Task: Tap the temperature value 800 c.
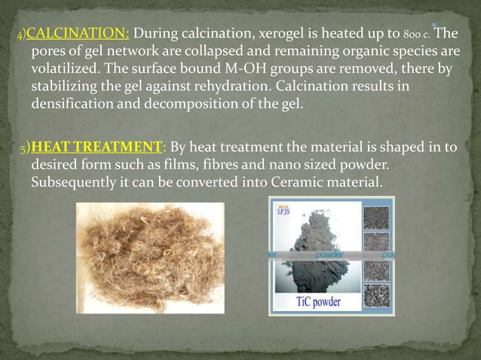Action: [x=418, y=35]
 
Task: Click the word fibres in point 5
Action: [x=204, y=165]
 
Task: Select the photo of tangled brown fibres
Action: [x=150, y=258]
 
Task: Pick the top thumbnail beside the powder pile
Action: [x=376, y=218]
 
